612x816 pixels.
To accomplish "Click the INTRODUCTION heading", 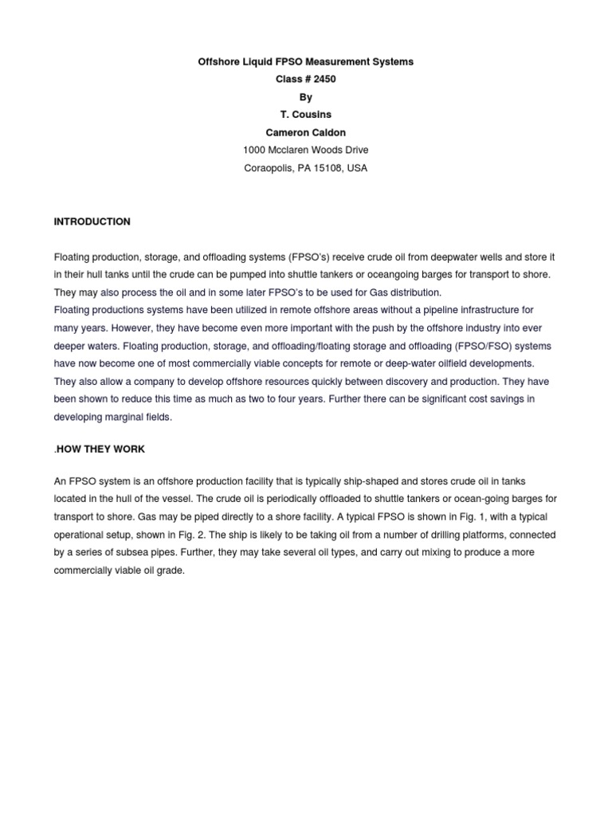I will pos(92,222).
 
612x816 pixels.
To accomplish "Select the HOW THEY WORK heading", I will pos(100,449).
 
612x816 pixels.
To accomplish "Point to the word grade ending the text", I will pos(171,571).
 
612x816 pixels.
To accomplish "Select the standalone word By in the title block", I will pos(306,97).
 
